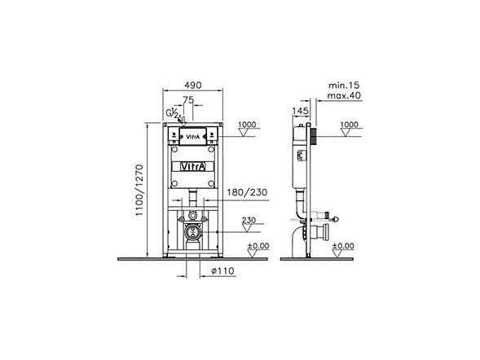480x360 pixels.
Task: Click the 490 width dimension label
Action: click(192, 85)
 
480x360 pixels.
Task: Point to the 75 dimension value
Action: click(188, 100)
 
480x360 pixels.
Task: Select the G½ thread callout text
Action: click(172, 113)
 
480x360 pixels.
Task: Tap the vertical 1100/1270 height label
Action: click(140, 190)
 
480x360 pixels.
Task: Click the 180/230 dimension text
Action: click(247, 192)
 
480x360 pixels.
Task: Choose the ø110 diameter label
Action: click(222, 270)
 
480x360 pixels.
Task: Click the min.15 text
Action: click(344, 86)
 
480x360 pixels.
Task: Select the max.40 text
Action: click(344, 95)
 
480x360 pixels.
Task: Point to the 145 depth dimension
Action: click(301, 111)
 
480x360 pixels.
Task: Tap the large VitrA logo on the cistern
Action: click(192, 167)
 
